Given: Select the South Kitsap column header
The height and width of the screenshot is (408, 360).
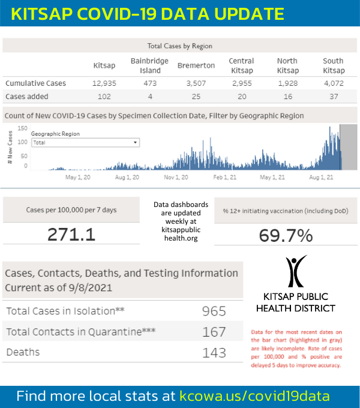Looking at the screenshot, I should click(x=333, y=65).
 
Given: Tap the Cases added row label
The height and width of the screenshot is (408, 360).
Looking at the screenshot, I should click(x=27, y=96).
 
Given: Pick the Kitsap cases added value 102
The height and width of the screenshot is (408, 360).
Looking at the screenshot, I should click(x=104, y=96).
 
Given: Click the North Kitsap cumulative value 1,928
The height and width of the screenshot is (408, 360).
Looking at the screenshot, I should click(x=287, y=83).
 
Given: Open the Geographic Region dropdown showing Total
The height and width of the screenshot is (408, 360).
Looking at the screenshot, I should click(x=85, y=143).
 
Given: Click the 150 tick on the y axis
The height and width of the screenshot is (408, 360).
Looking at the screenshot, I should click(x=23, y=128).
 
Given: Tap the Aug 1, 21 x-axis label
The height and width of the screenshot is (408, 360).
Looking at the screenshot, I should click(x=322, y=178).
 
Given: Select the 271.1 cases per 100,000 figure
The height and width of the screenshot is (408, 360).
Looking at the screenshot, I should click(x=71, y=233).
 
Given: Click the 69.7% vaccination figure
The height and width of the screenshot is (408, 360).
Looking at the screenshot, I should click(x=286, y=235).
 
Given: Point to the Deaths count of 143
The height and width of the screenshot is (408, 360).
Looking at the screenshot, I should click(x=214, y=352).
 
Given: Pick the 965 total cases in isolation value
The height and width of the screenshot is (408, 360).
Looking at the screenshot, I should click(x=214, y=311).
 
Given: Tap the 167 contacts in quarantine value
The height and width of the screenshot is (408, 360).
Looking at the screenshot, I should click(x=214, y=332).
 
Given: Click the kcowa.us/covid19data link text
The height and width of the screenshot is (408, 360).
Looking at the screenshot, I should click(x=254, y=396).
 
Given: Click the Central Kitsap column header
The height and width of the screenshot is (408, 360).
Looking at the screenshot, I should click(x=241, y=65).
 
